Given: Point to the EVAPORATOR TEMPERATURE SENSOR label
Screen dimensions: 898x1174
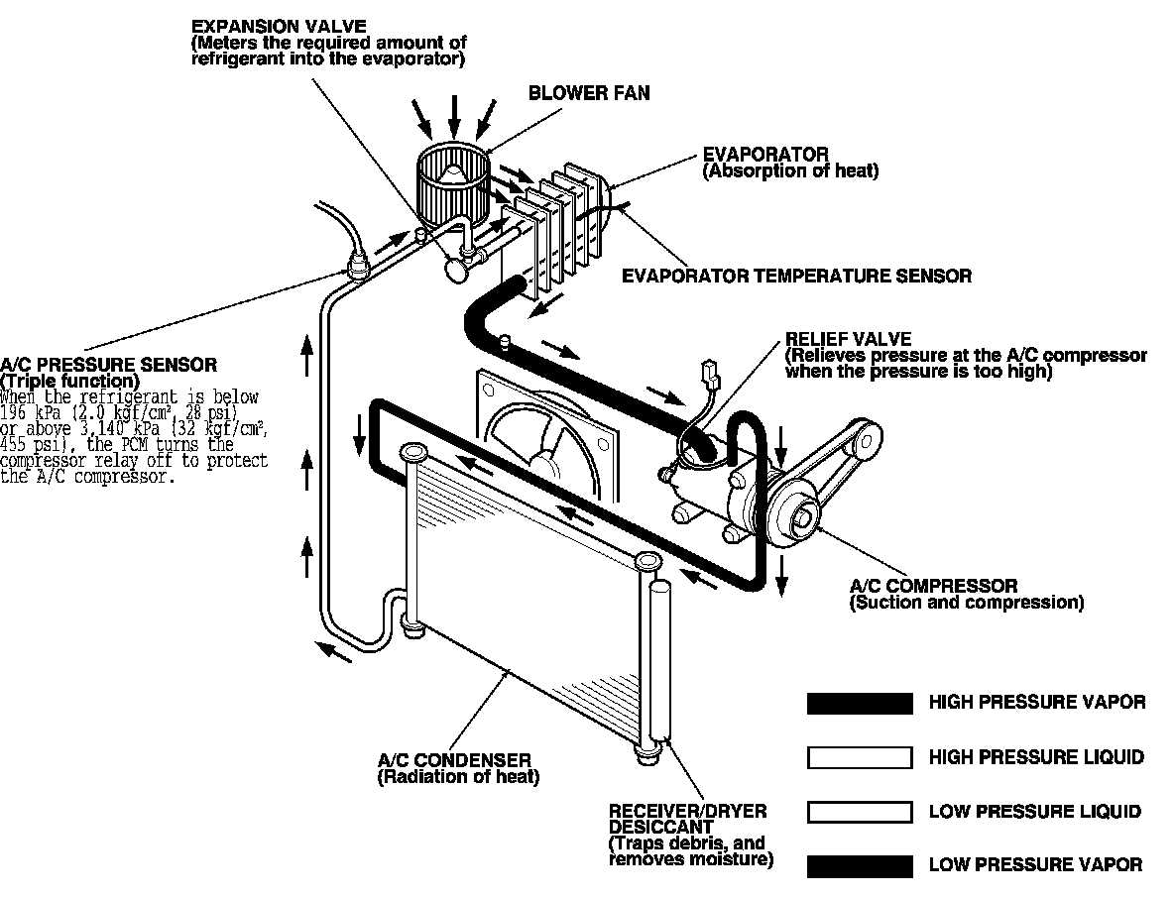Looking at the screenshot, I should (796, 276).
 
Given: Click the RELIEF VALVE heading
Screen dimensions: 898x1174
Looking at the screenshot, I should (848, 339).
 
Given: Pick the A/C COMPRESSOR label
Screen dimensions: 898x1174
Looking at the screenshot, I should (933, 586).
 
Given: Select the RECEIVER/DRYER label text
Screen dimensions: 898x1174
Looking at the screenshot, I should (687, 811).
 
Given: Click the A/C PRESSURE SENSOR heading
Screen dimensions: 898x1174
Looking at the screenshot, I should (109, 365).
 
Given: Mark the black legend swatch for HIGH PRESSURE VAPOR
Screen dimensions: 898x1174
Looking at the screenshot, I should (860, 704).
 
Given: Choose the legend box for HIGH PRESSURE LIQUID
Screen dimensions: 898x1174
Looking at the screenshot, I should (860, 758).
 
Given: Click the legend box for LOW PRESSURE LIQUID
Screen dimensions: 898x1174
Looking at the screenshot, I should (860, 813).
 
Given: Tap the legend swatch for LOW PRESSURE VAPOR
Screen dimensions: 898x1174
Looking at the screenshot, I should (860, 866).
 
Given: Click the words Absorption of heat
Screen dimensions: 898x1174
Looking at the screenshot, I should (790, 171).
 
